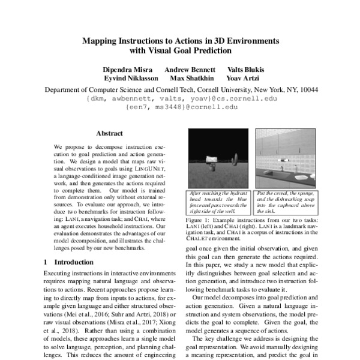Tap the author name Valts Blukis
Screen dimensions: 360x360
click(245, 70)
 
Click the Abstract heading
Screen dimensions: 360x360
click(109, 133)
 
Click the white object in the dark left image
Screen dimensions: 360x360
click(211, 158)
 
